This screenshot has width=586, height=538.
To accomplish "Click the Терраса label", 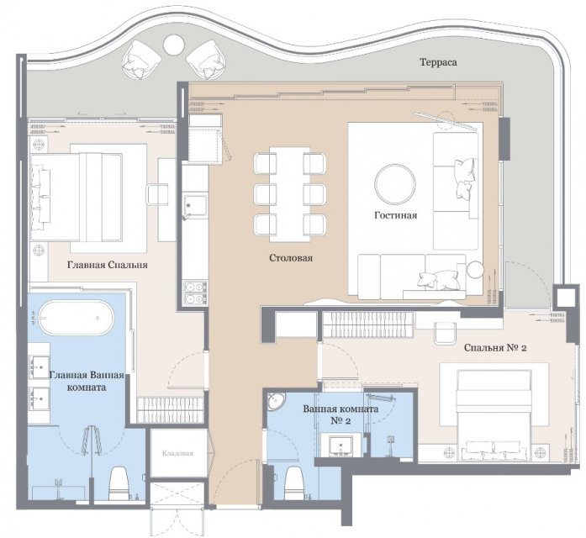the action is pos(438,62).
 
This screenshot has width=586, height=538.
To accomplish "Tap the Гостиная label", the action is pos(395,215).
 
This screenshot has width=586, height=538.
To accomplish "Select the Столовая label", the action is pos(291,258).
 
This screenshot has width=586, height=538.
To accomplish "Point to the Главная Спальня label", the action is pos(108,265).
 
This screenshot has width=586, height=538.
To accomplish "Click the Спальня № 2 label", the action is pos(495,348).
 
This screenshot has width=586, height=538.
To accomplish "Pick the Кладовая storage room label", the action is pos(178,453).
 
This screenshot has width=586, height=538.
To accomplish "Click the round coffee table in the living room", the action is pos(395,184).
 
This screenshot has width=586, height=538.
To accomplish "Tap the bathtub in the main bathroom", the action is pos(76,318).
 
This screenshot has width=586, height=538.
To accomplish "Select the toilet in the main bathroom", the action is pos(119,483).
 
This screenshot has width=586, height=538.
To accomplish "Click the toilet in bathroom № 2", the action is pos(295,483).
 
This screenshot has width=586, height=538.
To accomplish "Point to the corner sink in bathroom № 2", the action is pos(276,402).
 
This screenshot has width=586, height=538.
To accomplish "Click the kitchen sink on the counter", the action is pos(195,205).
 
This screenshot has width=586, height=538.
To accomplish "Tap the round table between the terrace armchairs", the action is pos(173,45).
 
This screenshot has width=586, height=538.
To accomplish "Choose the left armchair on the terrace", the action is pos(141,60).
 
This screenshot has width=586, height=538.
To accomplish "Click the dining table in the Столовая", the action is pos(289,194).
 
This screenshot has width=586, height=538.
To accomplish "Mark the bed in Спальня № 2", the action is pos(494,414).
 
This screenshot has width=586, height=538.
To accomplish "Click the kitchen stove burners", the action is pos(195,293).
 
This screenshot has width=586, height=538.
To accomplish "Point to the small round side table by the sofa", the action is pos(475,270).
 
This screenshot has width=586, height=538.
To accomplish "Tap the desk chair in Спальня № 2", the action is pos(445,333).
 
